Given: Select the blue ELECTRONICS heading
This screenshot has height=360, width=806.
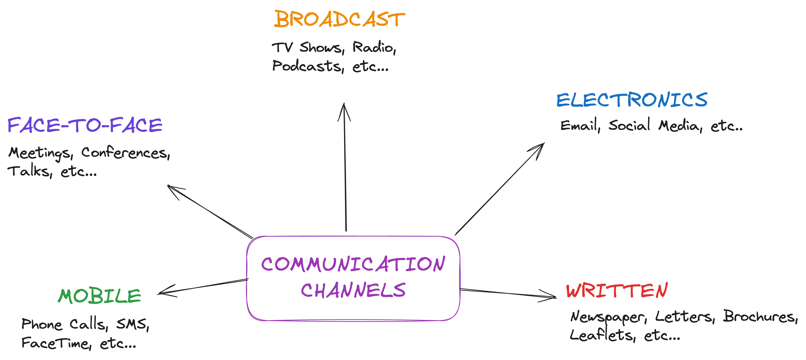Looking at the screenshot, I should click(632, 100).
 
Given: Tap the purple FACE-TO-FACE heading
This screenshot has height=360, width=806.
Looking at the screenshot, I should click(85, 125).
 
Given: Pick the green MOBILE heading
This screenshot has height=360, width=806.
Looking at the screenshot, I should click(99, 296).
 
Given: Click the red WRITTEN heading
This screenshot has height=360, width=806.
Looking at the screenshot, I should click(617, 291).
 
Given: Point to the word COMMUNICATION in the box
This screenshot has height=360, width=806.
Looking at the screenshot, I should click(353, 264).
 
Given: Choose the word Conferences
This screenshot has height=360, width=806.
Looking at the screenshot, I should click(125, 153).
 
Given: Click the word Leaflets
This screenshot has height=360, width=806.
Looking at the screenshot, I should click(601, 335).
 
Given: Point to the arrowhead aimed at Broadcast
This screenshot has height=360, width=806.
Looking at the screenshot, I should click(344, 108).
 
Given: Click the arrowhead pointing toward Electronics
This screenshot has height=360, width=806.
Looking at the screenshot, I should click(540, 147).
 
